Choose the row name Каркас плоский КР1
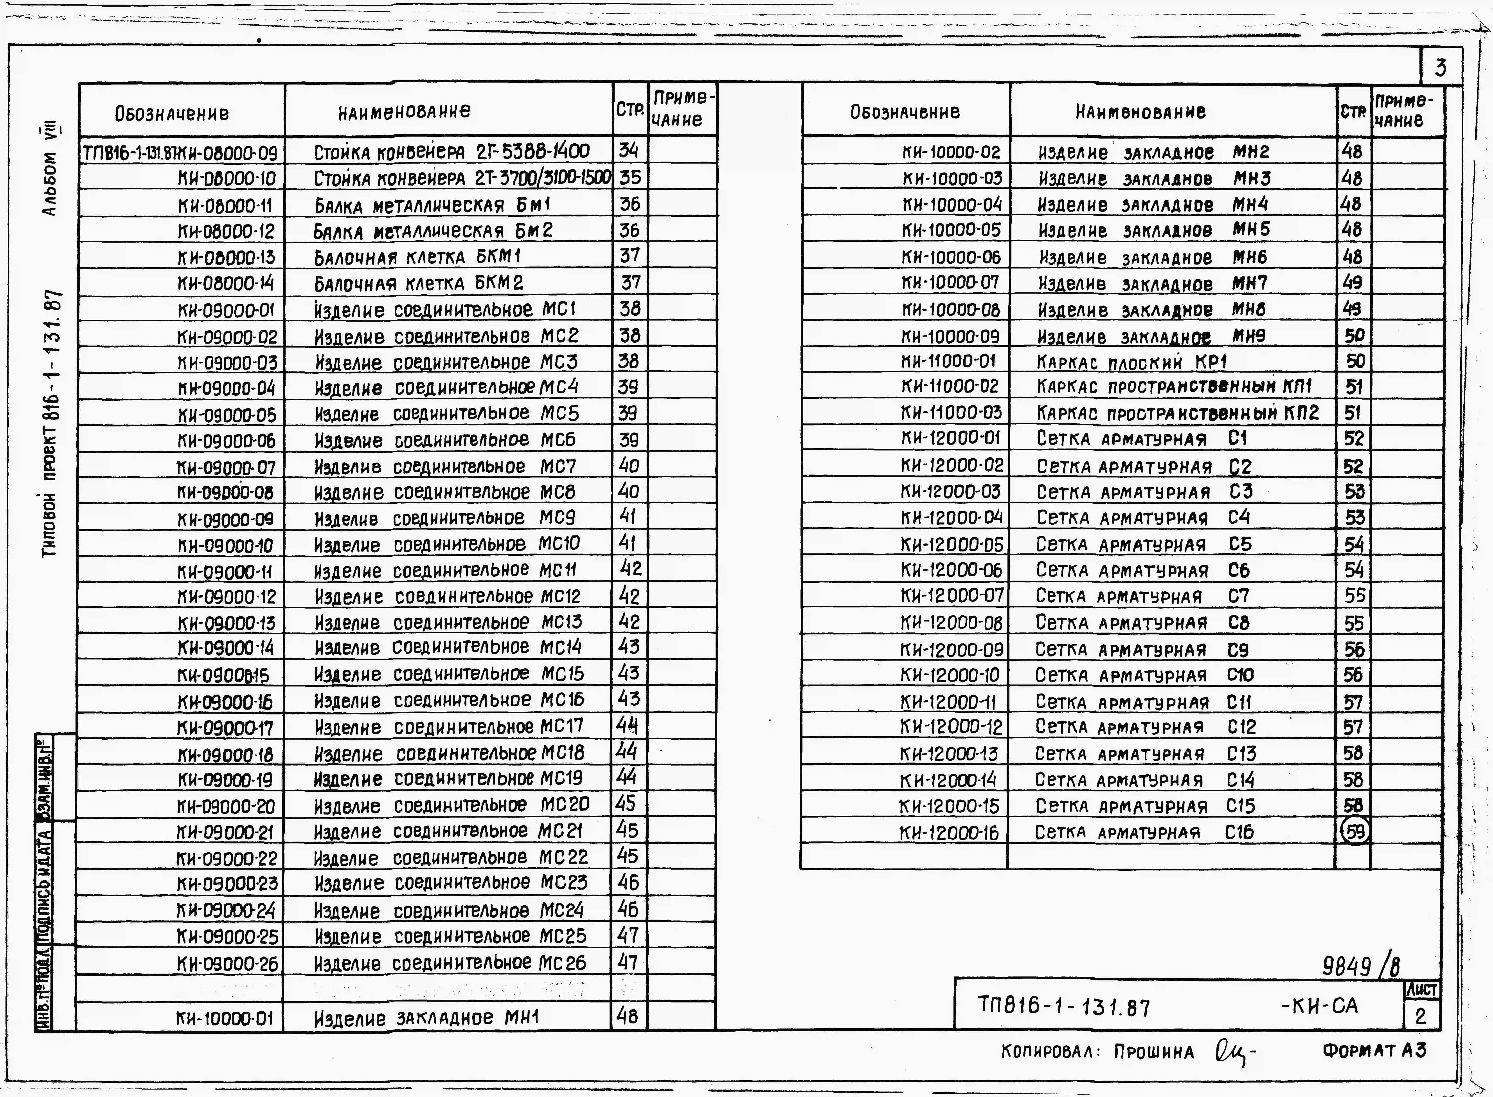pos(1132,362)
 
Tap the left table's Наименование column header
pos(404,111)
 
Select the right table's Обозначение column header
pos(905,112)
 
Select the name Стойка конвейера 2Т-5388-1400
pos(451,152)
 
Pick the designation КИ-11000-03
pos(951,412)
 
